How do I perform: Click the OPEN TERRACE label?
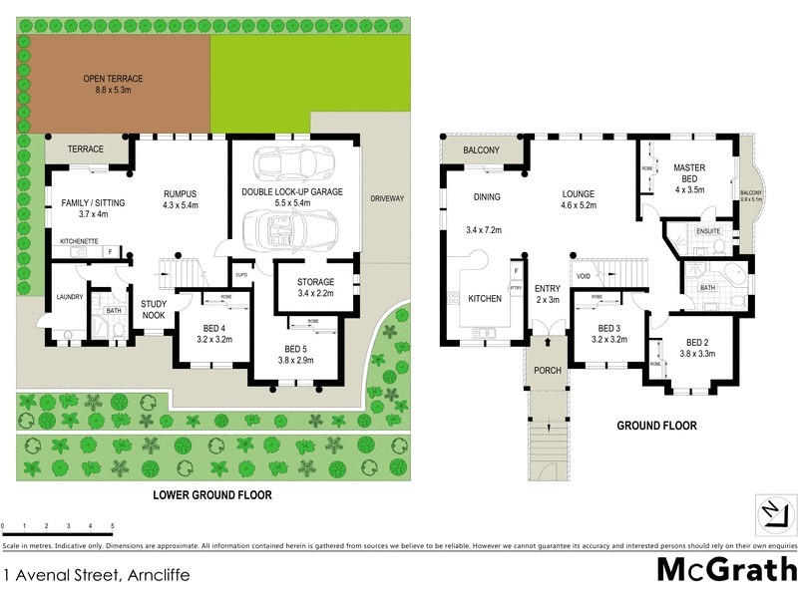(112, 79)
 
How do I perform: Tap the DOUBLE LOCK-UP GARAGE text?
(292, 191)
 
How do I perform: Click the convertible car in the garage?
(290, 229)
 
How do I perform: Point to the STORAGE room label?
(315, 282)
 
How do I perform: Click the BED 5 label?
(295, 349)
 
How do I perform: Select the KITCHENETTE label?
(78, 240)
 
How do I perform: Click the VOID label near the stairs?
(585, 275)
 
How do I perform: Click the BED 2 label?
(696, 341)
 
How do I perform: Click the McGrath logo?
(725, 570)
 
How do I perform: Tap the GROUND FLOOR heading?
(656, 426)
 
